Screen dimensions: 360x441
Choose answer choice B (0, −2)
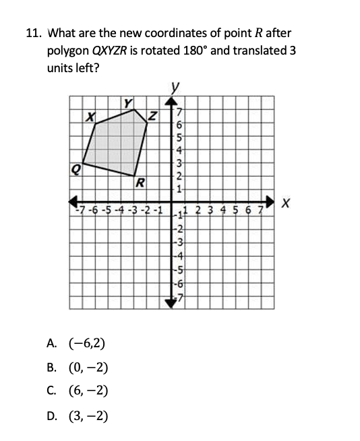[86, 367]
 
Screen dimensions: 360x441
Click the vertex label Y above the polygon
[127, 102]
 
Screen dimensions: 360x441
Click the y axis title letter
[177, 86]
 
